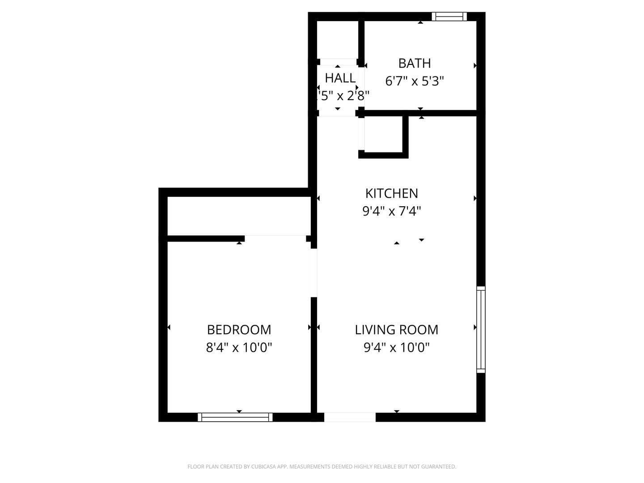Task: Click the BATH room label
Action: click(415, 64)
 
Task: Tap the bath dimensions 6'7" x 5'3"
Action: click(415, 81)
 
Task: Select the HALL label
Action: click(340, 78)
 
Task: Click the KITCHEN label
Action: click(392, 194)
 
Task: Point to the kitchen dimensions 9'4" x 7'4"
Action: click(392, 211)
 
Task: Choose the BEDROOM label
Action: click(239, 330)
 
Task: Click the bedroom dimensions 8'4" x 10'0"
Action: click(239, 347)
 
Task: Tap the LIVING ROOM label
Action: click(397, 330)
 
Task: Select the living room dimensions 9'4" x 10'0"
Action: click(397, 347)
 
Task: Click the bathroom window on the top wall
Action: click(449, 17)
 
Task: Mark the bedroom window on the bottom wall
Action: click(235, 417)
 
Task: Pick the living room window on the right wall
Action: click(481, 329)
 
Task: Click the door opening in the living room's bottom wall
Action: click(350, 417)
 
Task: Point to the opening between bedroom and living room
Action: click(314, 272)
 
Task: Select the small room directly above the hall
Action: click(338, 39)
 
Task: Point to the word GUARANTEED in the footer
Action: click(439, 467)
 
